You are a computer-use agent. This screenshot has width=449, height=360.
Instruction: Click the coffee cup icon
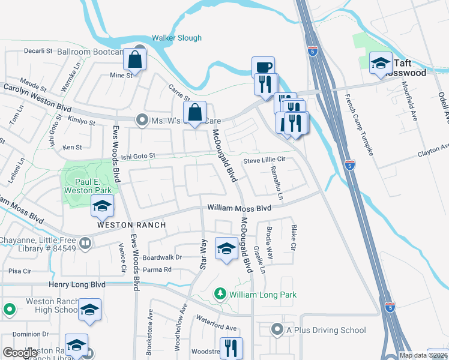coord(263,67)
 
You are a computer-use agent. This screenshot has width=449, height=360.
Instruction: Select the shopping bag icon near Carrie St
coord(196,112)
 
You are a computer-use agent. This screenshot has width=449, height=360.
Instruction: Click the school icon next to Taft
coord(381,64)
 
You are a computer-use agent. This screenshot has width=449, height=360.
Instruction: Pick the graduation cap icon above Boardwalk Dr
coord(226,248)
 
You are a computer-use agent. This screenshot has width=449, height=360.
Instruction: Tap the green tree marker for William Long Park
coord(221,294)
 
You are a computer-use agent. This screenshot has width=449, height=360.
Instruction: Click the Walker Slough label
coord(176,38)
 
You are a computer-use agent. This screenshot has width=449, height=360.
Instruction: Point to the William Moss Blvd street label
coord(240,208)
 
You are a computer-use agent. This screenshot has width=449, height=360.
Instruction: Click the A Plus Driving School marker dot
coord(277,329)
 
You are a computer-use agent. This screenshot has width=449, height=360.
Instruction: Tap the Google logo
coord(20,352)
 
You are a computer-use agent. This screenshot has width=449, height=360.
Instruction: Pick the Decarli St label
coord(38,51)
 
